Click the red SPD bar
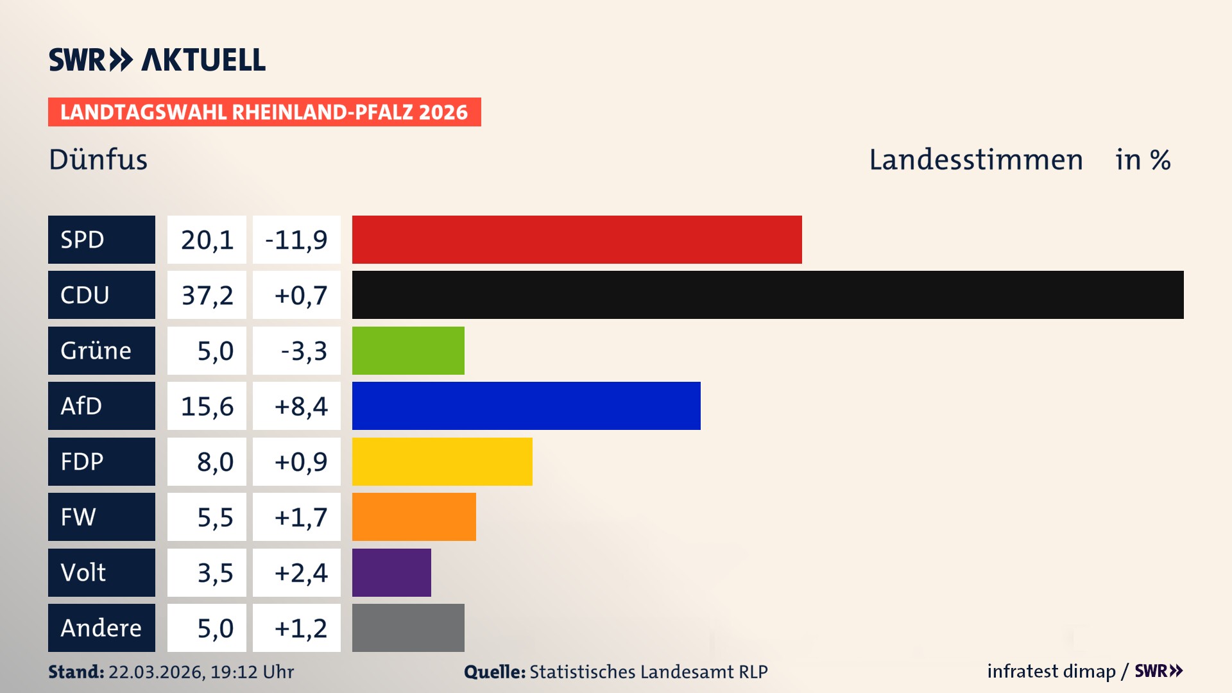click(577, 239)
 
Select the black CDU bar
click(767, 295)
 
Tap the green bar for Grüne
click(408, 350)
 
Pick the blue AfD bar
click(526, 406)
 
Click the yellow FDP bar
click(442, 461)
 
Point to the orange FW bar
click(414, 517)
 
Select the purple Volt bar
click(391, 572)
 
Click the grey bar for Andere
click(408, 628)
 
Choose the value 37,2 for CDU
click(207, 295)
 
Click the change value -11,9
click(296, 240)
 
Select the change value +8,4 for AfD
click(300, 406)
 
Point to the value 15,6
click(207, 406)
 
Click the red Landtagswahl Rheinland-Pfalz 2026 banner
click(264, 112)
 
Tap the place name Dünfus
click(98, 159)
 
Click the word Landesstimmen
click(975, 159)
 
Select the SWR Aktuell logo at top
click(157, 60)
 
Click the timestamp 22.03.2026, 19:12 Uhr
click(201, 672)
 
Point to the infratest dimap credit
click(1051, 671)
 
